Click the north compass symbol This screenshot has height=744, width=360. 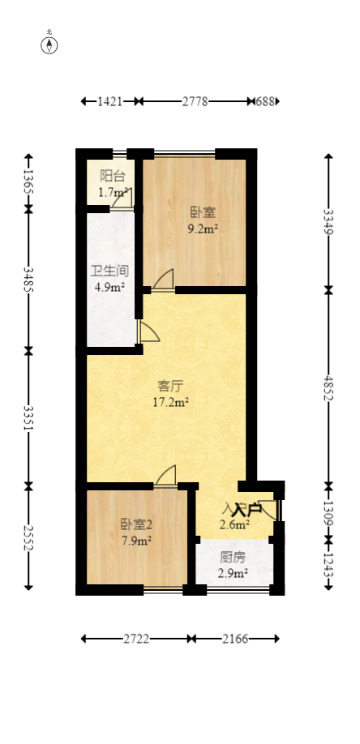click(49, 45)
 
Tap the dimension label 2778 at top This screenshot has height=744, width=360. click(195, 101)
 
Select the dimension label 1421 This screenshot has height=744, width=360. click(109, 101)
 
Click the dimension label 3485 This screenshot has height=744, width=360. click(29, 280)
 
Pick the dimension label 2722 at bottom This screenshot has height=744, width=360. click(135, 639)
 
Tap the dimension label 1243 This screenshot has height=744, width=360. click(328, 562)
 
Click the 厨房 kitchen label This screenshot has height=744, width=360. click(233, 558)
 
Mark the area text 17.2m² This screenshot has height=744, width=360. click(170, 401)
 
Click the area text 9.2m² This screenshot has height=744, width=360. click(203, 229)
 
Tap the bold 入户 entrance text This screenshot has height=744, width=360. click(246, 510)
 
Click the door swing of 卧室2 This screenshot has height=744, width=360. click(166, 477)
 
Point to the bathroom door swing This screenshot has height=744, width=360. click(148, 332)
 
